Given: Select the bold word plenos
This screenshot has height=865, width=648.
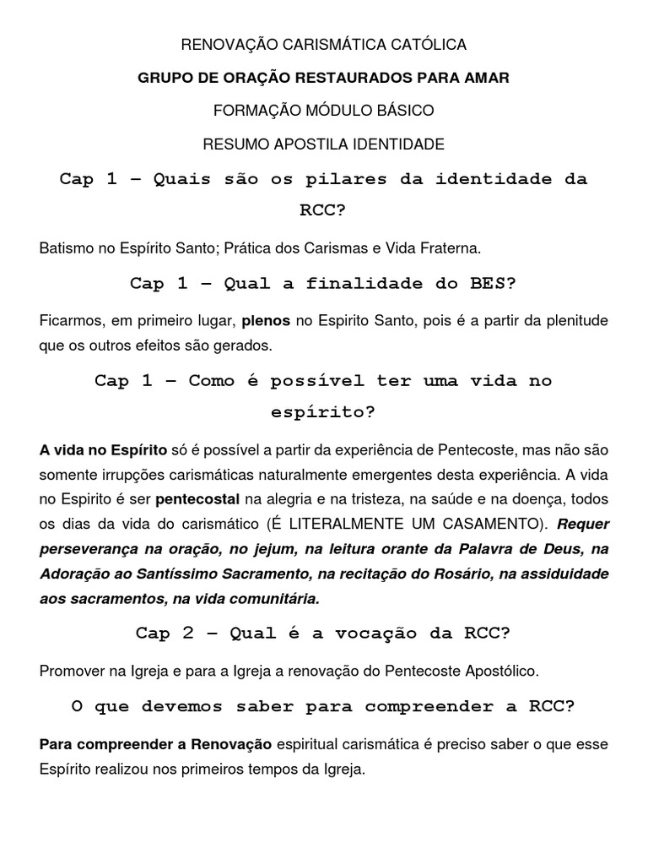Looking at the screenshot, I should pyautogui.click(x=267, y=321).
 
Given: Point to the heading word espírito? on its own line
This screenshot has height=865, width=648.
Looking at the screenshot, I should pyautogui.click(x=324, y=412).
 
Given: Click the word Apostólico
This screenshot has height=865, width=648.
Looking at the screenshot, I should pyautogui.click(x=492, y=671).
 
